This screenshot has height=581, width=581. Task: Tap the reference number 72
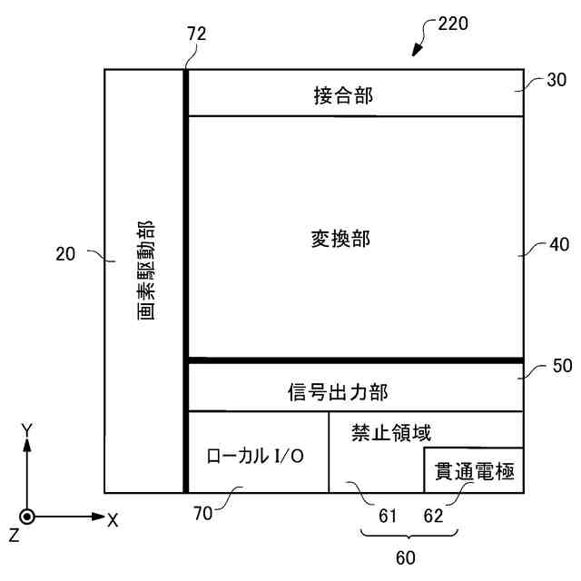coord(196,34)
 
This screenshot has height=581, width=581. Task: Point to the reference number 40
coord(557,244)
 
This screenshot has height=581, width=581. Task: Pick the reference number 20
coord(65,255)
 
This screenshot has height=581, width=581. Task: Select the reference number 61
coord(389,516)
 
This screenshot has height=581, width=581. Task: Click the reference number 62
coord(434,516)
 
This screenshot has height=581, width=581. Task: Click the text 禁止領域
coord(390,434)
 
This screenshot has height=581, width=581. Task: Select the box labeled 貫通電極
coord(474,470)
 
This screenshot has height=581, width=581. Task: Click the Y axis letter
coord(28,428)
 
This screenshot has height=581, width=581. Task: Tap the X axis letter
coord(113,519)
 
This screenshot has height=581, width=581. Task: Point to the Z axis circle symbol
coord(28,517)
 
